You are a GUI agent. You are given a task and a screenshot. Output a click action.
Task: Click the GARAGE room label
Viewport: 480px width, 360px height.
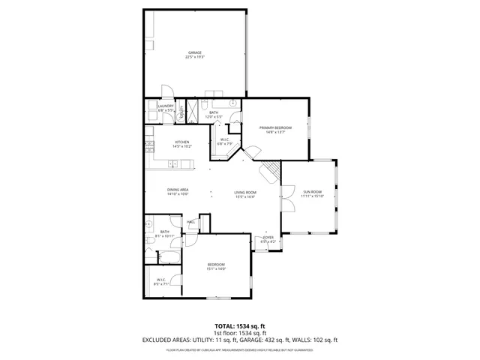(195, 52)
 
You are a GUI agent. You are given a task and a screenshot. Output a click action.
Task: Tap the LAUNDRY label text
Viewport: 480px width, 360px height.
(166, 106)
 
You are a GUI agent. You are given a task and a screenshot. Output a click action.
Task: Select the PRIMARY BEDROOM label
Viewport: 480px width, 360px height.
(275, 127)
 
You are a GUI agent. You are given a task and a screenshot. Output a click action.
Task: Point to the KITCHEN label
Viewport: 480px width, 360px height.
(182, 142)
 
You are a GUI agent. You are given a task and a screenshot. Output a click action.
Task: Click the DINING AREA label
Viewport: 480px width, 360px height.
(178, 190)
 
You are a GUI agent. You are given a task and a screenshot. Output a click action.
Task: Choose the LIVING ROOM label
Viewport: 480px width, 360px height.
(245, 193)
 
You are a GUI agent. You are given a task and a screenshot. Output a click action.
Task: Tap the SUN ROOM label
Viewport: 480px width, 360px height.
(313, 192)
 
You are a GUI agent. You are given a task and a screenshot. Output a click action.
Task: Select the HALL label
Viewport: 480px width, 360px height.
(191, 222)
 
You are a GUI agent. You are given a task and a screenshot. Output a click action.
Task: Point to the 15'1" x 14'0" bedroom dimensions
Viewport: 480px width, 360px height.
(216, 269)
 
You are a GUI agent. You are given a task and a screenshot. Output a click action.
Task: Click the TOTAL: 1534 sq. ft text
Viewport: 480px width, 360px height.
(240, 326)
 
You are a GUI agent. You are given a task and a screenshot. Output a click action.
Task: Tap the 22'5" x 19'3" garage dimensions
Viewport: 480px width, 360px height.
(195, 57)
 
